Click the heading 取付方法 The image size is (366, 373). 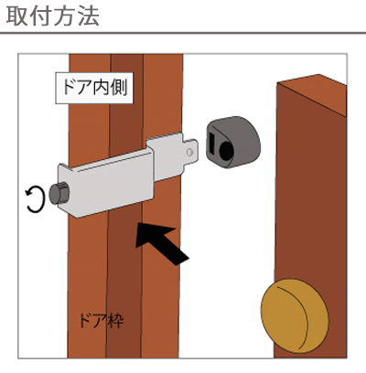pyautogui.click(x=52, y=16)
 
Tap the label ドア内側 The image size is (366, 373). pyautogui.click(x=94, y=88)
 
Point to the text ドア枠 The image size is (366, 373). pyautogui.click(x=102, y=320)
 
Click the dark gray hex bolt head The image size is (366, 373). pyautogui.click(x=59, y=194)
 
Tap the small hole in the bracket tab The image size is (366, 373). pyautogui.click(x=189, y=152)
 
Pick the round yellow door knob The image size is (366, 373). pyautogui.click(x=295, y=315)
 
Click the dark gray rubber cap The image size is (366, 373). pyautogui.click(x=233, y=142)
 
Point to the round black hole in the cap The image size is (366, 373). pyautogui.click(x=226, y=150)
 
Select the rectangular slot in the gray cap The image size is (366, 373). pyautogui.click(x=212, y=144)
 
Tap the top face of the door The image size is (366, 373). pyautogui.click(x=312, y=94)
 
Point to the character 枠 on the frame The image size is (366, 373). pyautogui.click(x=116, y=320)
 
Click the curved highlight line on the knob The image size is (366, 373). pyautogui.click(x=300, y=314)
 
